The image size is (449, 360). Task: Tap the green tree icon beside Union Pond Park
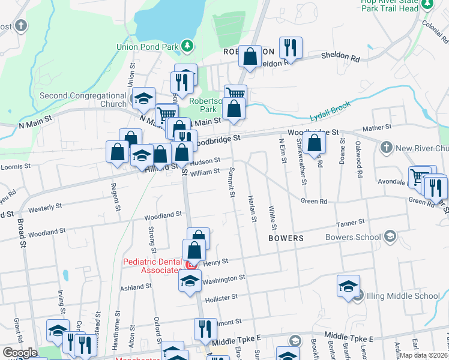(187, 45)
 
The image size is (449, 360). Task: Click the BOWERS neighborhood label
(286, 238)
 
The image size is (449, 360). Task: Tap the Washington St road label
(223, 278)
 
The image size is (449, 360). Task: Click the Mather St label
(377, 128)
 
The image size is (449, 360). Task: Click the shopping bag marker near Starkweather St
(314, 143)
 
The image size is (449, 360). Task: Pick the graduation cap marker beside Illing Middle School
(348, 287)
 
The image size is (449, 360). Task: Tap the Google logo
(20, 353)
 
